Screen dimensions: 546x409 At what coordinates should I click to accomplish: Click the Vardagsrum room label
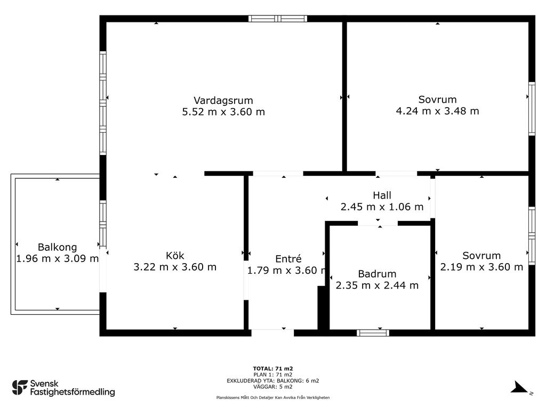tap(223, 101)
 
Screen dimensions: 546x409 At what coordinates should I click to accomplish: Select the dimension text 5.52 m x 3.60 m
tap(223, 112)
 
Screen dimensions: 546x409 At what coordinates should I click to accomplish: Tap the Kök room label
tap(175, 256)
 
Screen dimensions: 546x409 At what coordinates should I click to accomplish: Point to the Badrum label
tap(377, 274)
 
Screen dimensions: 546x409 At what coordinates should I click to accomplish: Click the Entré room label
tap(288, 259)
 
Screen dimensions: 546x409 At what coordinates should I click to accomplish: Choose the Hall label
tap(382, 195)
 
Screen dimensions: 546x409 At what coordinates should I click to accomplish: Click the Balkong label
tap(58, 247)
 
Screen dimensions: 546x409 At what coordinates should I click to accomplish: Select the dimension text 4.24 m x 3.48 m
tap(437, 111)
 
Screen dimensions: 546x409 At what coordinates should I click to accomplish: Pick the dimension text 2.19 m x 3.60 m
tap(481, 267)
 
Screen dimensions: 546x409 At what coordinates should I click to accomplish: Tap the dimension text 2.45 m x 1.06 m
tap(382, 207)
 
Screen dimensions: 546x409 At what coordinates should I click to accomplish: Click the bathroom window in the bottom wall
tap(373, 333)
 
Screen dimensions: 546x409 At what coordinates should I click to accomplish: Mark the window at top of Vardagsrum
tap(278, 19)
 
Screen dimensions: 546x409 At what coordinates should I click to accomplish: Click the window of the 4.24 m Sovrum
tap(532, 109)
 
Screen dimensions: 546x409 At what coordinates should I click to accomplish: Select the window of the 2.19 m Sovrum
tap(532, 236)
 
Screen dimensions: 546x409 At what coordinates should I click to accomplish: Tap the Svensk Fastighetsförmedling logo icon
tap(20, 388)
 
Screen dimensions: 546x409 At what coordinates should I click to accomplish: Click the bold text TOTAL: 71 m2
tap(273, 369)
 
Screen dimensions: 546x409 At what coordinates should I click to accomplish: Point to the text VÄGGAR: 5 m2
tap(273, 387)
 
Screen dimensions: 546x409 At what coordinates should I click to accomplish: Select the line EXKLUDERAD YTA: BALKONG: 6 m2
tap(273, 381)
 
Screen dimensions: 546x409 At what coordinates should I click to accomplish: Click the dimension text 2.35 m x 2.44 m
tap(377, 285)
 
